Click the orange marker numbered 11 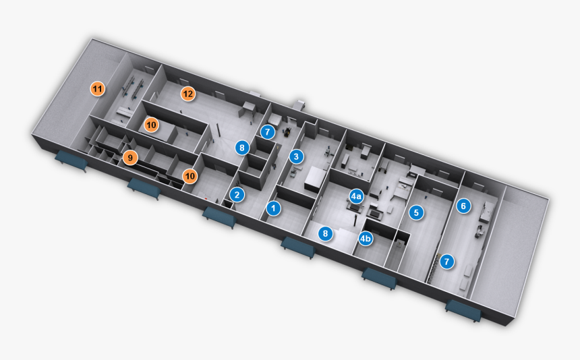pos(98,89)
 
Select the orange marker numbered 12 pos(188,94)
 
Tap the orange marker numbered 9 pos(130,158)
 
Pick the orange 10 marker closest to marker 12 pos(151,125)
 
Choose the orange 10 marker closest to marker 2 pos(190,176)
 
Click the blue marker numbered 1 pos(273,208)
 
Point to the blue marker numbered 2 pos(237,195)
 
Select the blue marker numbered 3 pos(296,156)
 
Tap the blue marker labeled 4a pos(356,196)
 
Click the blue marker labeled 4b pos(366,239)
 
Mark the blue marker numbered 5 pos(416,212)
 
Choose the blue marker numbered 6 pos(463,206)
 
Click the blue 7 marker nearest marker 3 pos(268,132)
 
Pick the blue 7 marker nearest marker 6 pos(447,262)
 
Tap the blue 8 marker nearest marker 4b pos(326,233)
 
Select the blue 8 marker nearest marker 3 pos(242,148)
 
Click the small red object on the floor pos(206,198)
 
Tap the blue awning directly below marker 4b pos(380,278)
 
